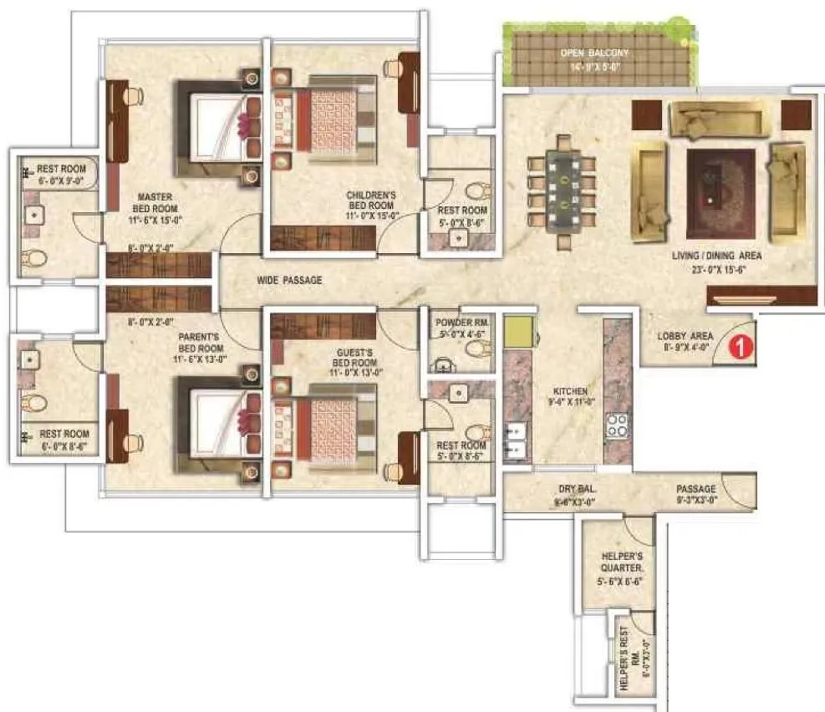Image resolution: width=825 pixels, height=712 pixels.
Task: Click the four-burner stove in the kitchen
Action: pyautogui.click(x=619, y=425)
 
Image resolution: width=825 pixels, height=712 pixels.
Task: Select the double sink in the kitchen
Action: pyautogui.click(x=515, y=439)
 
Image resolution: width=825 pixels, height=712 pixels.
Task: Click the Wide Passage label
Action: pyautogui.click(x=289, y=280)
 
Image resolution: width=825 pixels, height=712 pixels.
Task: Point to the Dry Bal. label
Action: pyautogui.click(x=576, y=495)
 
